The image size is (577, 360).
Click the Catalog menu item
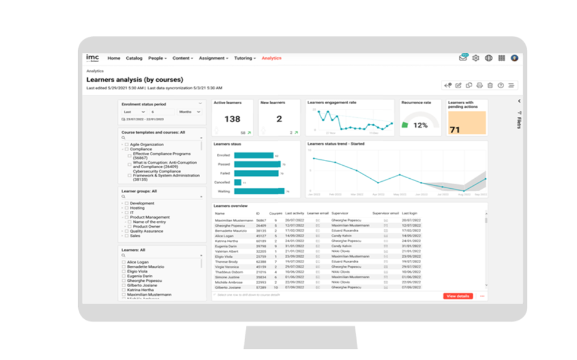click(x=134, y=58)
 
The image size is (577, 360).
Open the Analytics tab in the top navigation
click(x=271, y=58)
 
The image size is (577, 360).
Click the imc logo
click(x=92, y=57)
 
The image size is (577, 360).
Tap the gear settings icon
click(x=475, y=58)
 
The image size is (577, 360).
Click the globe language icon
click(x=489, y=58)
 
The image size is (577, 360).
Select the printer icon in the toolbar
click(x=480, y=85)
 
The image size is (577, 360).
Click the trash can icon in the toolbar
click(x=490, y=85)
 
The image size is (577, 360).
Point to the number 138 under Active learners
click(x=232, y=120)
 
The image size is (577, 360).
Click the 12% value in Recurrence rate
click(x=421, y=125)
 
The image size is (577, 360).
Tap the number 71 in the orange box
click(x=455, y=130)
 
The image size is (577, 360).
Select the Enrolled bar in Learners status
click(x=254, y=155)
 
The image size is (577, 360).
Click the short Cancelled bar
click(x=238, y=182)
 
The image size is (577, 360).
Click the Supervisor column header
click(x=340, y=213)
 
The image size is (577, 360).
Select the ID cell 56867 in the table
click(x=261, y=220)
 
